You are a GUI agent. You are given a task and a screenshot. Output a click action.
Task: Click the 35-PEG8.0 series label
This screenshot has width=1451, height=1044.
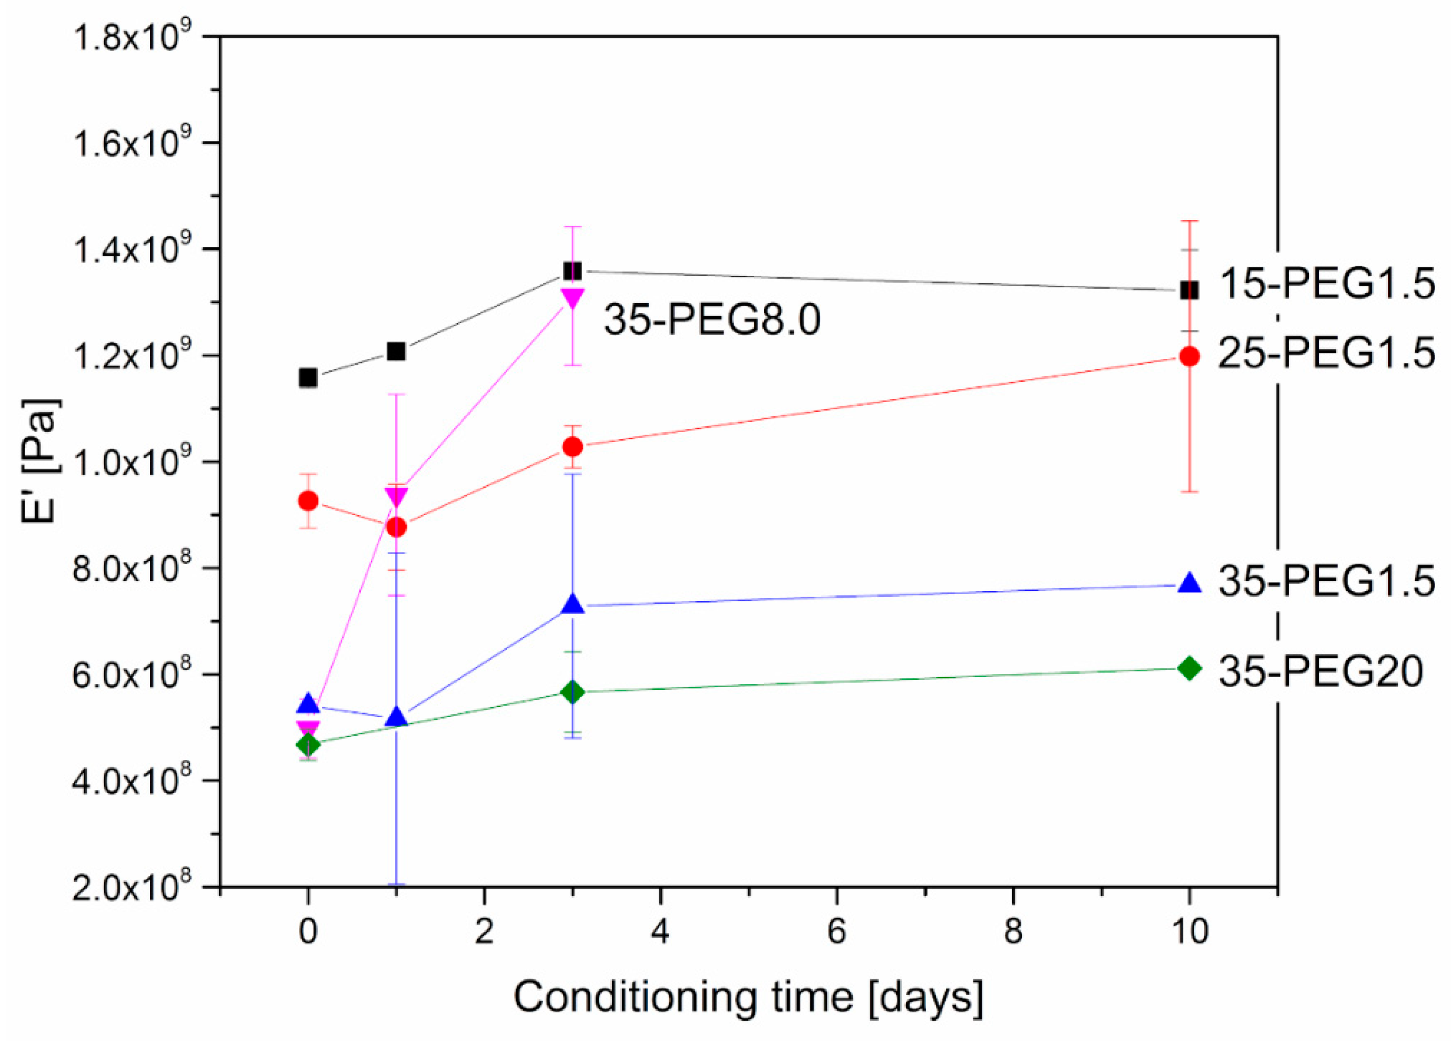[712, 319]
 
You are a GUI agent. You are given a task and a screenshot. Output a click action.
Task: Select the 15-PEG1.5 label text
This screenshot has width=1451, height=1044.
[1326, 284]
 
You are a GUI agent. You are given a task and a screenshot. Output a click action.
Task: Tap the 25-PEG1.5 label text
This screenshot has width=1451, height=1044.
[1326, 353]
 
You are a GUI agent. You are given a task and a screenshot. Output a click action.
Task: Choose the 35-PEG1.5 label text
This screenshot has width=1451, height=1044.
[1326, 581]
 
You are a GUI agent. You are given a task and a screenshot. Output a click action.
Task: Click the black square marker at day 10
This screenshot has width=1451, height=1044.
[1188, 290]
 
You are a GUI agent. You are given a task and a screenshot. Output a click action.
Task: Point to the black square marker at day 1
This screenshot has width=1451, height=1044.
[397, 351]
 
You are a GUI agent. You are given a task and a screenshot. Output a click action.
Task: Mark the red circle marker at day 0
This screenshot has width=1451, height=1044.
[308, 500]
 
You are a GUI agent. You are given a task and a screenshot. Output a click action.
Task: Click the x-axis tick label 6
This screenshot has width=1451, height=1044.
[836, 932]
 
